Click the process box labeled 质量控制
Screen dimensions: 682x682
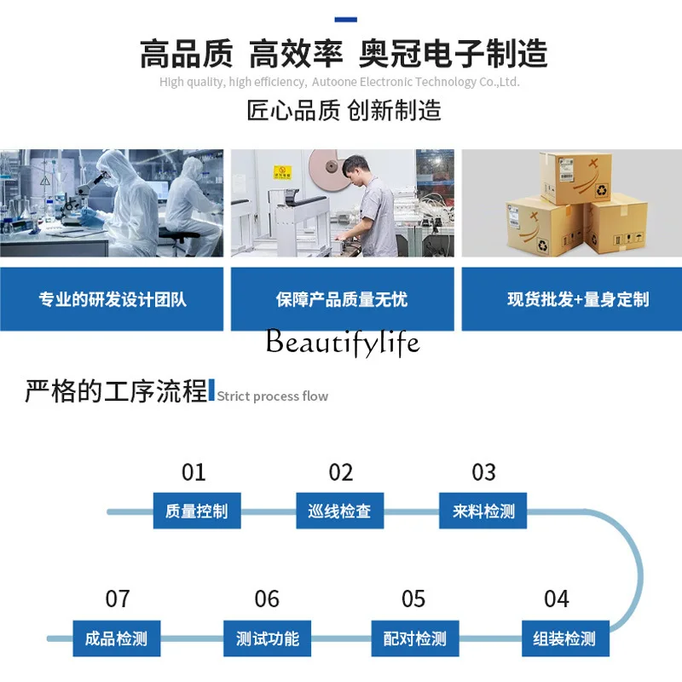tap(197, 511)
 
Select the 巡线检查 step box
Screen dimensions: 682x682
tap(339, 511)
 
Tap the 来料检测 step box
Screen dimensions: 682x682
tap(483, 511)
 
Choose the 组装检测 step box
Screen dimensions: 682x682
tap(564, 639)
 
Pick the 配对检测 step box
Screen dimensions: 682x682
tap(414, 639)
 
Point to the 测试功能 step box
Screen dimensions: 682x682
tap(268, 639)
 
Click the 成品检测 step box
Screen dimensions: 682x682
tap(116, 639)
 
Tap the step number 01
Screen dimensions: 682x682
tap(194, 472)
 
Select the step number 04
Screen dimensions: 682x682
tap(557, 599)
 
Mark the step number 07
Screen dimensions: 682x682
tap(118, 599)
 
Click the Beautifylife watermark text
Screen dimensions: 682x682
tap(343, 343)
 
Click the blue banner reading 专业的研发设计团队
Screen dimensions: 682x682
tap(112, 299)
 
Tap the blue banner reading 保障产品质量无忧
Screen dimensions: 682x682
tap(342, 299)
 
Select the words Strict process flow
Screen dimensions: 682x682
tap(272, 396)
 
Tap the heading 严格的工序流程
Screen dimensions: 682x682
tap(116, 392)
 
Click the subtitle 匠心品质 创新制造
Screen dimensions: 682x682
tap(344, 110)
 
